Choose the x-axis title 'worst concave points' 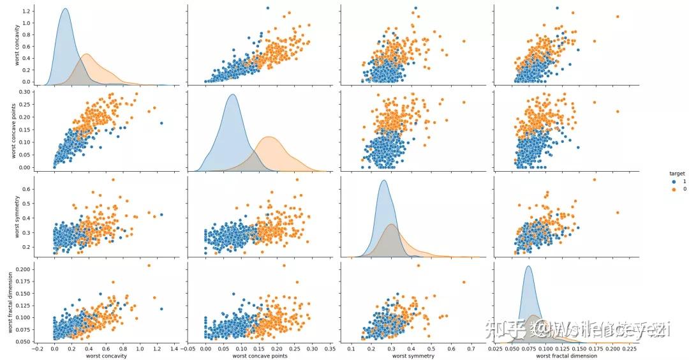coord(258,356)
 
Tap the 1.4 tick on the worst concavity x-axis coord(174,349)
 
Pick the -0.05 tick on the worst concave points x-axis coord(188,349)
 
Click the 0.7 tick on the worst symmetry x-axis coord(471,349)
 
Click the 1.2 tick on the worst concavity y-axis coord(26,11)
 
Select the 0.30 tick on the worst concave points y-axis coord(25,92)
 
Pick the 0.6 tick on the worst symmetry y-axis coord(26,189)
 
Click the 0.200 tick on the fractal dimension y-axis coord(22,269)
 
